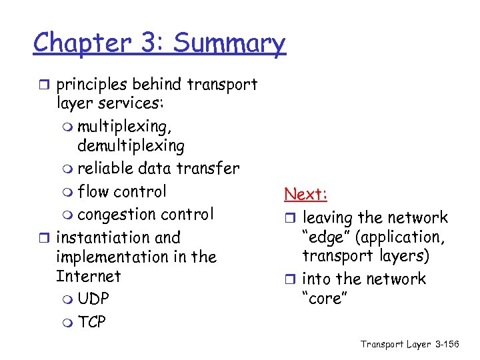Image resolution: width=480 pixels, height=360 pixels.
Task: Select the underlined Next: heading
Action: coord(305,194)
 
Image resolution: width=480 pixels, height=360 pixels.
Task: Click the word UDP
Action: coord(94,299)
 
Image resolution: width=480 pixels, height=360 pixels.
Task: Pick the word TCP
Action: coord(92,323)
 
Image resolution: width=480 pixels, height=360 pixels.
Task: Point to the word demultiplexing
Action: coord(131,146)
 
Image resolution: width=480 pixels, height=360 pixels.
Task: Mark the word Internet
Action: coord(89,276)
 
